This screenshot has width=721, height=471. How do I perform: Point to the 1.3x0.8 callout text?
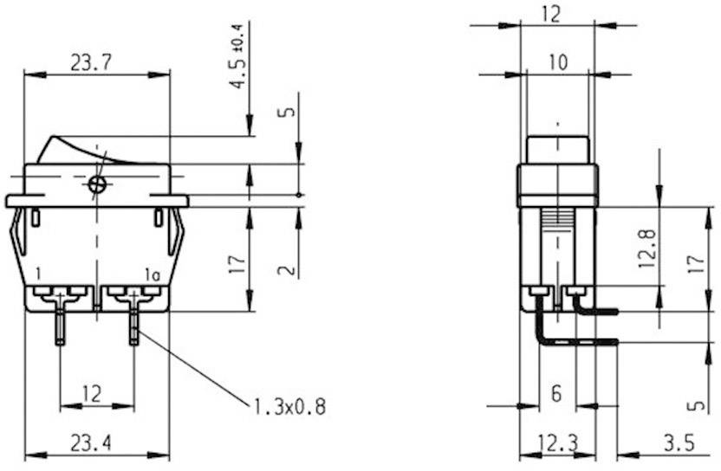click(290, 405)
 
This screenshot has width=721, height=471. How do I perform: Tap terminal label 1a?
click(153, 276)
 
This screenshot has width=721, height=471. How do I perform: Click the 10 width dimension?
click(556, 62)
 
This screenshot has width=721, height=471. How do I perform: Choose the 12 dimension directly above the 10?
click(556, 14)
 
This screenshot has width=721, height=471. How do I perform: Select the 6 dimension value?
click(556, 394)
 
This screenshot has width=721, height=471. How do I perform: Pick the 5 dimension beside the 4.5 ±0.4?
click(289, 111)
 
